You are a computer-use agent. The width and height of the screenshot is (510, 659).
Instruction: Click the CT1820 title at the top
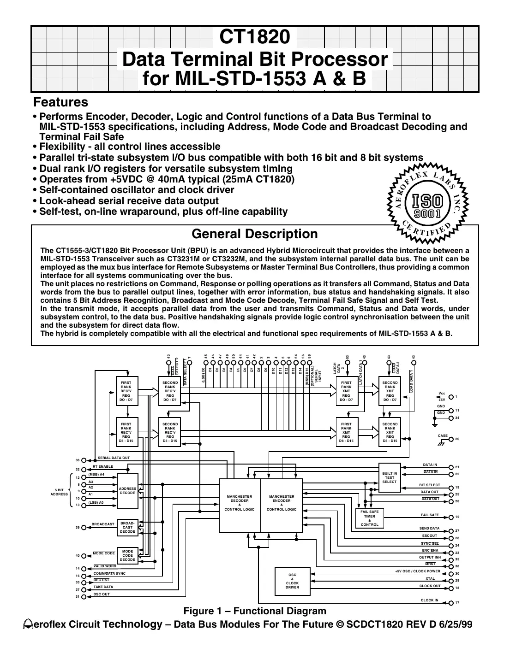(254, 38)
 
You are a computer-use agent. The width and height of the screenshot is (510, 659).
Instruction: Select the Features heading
(60, 102)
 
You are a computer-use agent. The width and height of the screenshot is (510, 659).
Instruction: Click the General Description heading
(254, 234)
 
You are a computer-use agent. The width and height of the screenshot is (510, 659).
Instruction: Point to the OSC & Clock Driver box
(292, 581)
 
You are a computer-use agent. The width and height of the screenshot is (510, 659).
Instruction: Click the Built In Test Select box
(390, 477)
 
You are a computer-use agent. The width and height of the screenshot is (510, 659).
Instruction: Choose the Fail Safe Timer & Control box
(369, 518)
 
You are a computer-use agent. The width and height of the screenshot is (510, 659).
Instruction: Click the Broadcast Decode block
(127, 528)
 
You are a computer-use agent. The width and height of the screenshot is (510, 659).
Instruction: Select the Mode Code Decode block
(127, 555)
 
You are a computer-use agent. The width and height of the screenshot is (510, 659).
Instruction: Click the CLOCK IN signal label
(429, 600)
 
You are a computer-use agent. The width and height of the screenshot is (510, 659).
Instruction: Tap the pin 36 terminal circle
(84, 460)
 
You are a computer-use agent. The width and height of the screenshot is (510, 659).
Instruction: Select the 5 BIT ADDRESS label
(59, 492)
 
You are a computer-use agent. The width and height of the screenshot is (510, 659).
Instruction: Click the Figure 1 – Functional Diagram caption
(255, 611)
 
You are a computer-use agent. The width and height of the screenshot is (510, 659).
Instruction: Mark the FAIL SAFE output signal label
(430, 515)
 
